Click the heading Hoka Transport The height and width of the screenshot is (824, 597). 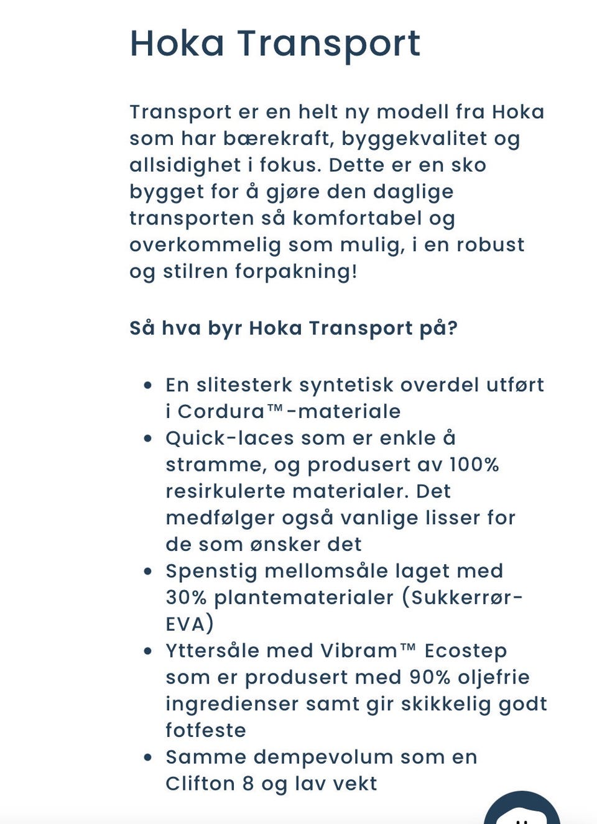tap(274, 44)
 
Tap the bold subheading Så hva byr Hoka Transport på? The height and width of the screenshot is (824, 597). tap(293, 328)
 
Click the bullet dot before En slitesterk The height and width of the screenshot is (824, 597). tap(147, 386)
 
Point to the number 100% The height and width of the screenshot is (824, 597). tap(474, 465)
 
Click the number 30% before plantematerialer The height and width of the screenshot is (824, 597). tap(186, 598)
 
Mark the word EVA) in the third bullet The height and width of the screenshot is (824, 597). tap(189, 624)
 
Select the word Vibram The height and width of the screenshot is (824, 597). tap(359, 650)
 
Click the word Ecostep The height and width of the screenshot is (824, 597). tap(465, 650)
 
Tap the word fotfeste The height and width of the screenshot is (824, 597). tap(206, 730)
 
